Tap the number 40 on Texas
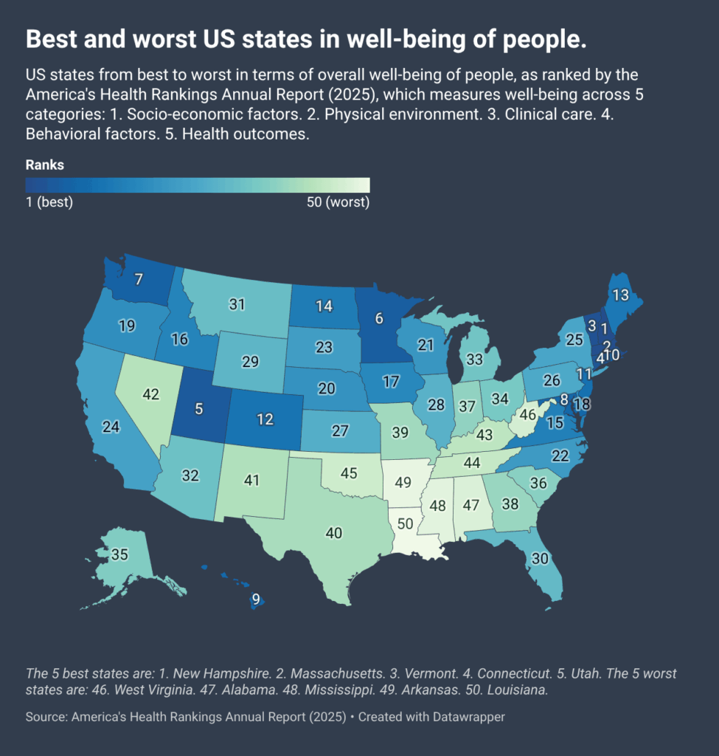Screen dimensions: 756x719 [334, 532]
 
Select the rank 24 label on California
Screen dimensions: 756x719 [111, 427]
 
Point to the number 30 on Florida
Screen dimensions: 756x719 [540, 559]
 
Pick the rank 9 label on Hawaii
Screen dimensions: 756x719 [256, 599]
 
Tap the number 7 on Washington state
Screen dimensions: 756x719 [138, 280]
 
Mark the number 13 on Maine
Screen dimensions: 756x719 [620, 295]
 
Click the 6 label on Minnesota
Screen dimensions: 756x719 [379, 318]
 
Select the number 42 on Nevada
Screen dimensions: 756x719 [150, 395]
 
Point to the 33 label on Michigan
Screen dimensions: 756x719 [474, 360]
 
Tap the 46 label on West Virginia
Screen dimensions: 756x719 [528, 415]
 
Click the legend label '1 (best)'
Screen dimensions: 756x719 [49, 202]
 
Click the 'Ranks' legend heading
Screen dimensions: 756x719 [44, 165]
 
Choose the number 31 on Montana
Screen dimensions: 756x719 [237, 304]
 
